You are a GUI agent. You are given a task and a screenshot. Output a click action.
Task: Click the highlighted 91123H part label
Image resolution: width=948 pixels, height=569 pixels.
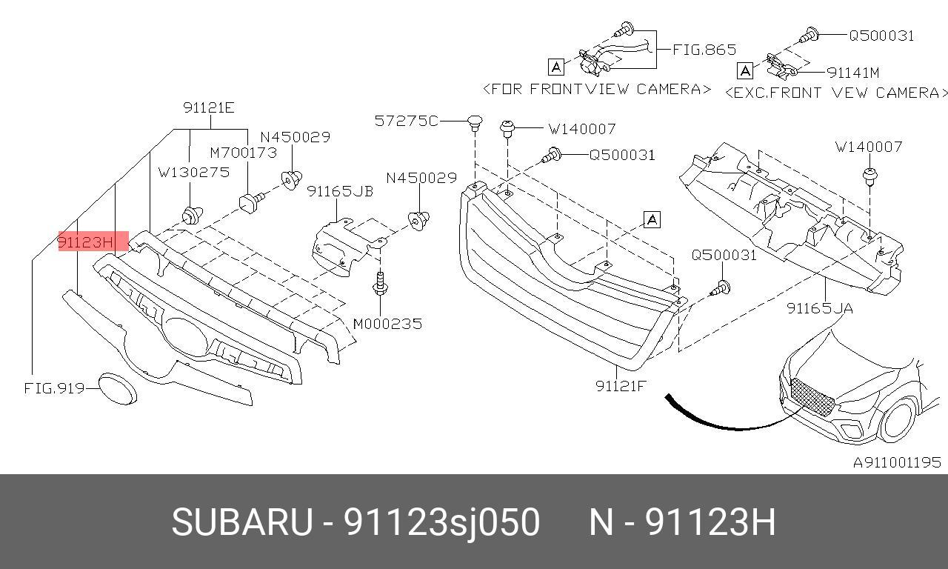86,242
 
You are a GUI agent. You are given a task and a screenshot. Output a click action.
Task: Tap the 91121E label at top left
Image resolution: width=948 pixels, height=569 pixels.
209,108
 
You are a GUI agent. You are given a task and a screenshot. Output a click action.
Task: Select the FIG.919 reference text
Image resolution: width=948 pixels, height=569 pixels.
53,387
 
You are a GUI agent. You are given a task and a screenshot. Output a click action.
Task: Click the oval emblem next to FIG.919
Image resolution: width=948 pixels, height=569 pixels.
118,388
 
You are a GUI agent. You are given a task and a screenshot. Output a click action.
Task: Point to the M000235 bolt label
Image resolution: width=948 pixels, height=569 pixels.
387,324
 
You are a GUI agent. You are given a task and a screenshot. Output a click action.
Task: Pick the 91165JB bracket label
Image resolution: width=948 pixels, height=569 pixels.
340,192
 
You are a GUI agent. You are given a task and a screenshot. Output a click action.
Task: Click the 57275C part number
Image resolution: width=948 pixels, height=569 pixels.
406,120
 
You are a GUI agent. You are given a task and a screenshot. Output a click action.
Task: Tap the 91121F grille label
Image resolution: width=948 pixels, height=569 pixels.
620,385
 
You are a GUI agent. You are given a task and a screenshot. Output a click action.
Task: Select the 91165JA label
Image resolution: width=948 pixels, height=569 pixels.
819,308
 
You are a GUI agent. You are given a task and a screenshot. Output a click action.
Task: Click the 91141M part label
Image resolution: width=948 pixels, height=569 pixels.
852,73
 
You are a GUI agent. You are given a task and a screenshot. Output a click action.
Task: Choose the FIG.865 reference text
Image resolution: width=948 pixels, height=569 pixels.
704,50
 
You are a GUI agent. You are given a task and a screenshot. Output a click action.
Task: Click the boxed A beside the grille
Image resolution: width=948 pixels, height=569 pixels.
652,219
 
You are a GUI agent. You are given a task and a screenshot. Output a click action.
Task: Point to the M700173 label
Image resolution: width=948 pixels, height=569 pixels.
243,153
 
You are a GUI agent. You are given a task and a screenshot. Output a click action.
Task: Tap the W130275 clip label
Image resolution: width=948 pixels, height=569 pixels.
193,172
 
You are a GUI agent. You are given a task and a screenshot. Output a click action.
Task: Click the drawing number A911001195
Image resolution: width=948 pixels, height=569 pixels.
896,462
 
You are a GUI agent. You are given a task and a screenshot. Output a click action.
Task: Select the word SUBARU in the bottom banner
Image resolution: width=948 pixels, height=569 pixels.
241,522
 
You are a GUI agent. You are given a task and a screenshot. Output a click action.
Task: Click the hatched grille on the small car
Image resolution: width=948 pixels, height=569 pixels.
812,396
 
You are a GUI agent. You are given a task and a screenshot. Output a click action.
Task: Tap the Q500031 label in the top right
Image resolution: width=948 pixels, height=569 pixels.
881,35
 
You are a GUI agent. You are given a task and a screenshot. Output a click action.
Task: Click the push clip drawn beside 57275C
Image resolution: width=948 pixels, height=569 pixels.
475,122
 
